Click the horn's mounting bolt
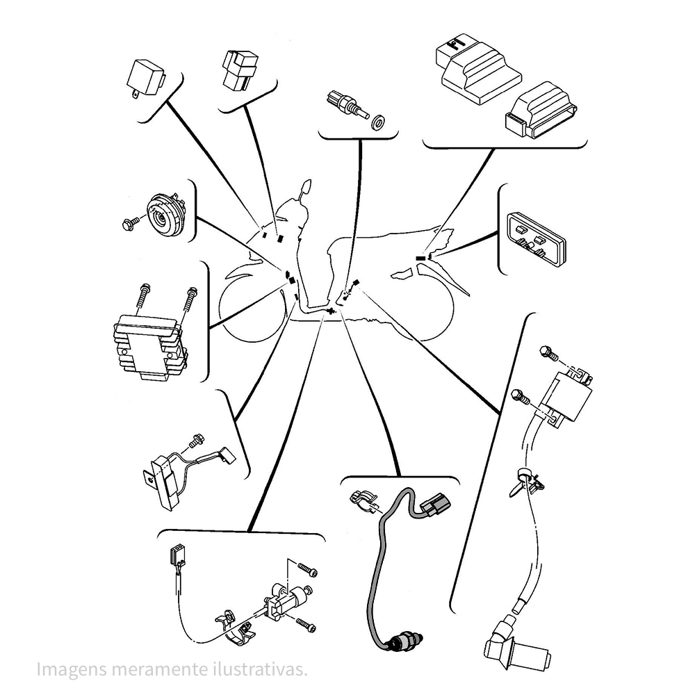[129, 223]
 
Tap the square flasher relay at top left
[145, 78]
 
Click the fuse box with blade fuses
[536, 240]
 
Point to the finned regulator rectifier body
[149, 345]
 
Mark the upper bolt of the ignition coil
[549, 353]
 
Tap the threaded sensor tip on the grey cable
[402, 641]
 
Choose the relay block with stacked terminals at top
[239, 70]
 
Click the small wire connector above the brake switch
[177, 554]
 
